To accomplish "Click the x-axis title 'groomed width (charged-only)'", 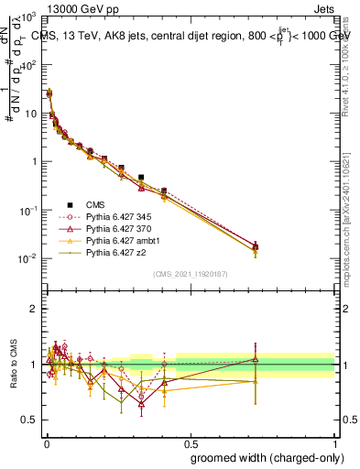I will [261, 456].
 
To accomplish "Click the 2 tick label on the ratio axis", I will [34, 309].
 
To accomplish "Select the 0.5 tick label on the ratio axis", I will [30, 420].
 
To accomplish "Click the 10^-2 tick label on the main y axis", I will [27, 258].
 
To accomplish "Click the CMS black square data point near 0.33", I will [141, 177].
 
